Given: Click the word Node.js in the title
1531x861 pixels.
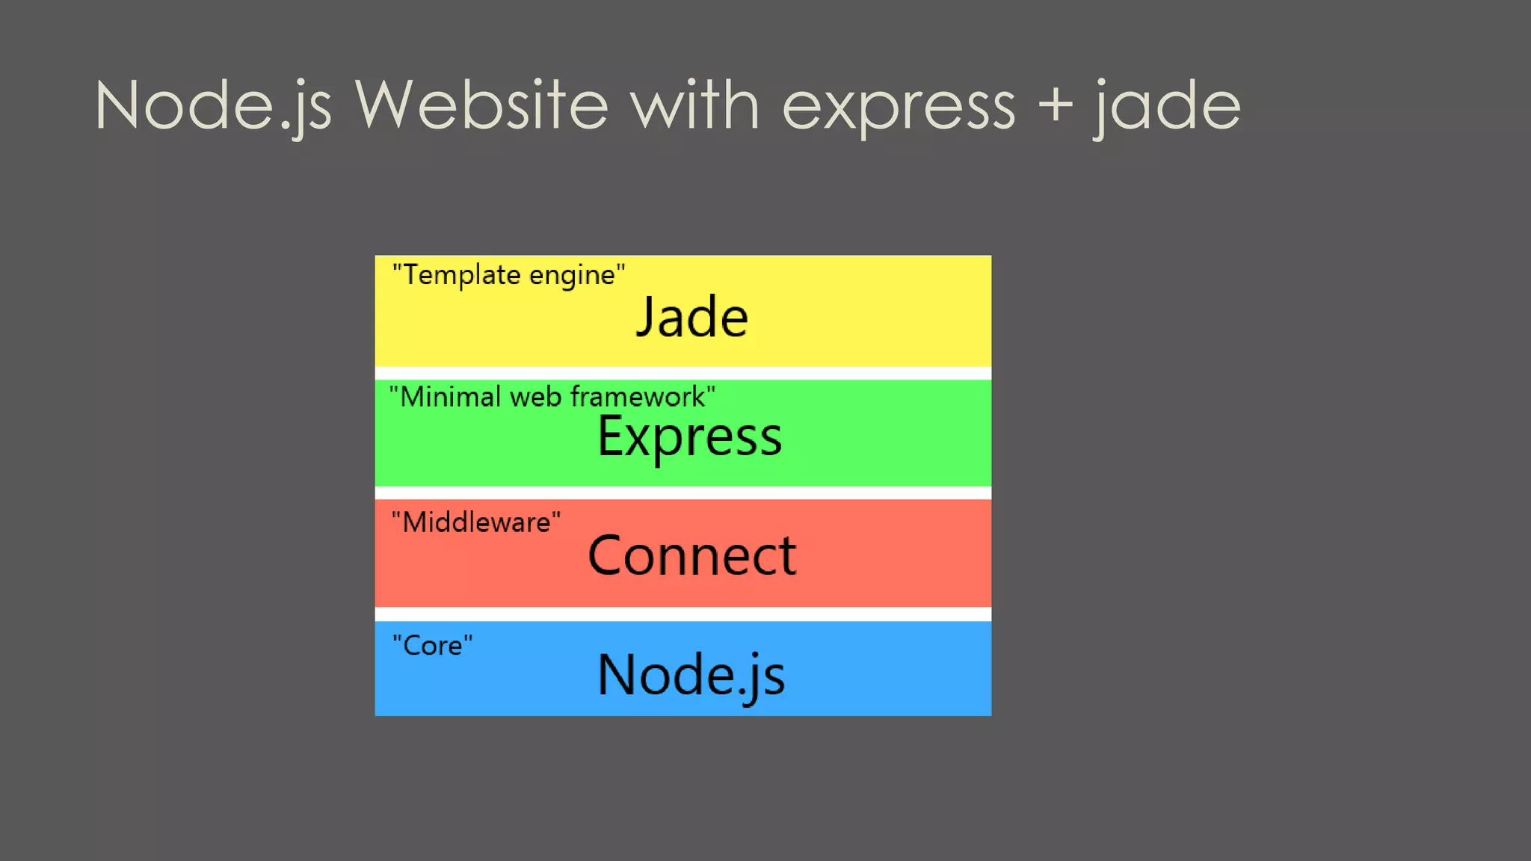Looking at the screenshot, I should [213, 106].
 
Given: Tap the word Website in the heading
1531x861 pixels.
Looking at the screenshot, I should [481, 106].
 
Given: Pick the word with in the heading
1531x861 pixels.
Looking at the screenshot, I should [695, 106].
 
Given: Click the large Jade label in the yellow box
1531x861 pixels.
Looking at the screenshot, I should [691, 318].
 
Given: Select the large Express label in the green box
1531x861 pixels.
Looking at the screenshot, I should [689, 436].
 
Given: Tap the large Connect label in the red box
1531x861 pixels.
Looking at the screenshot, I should [692, 555].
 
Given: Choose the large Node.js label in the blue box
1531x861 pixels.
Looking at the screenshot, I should [691, 675].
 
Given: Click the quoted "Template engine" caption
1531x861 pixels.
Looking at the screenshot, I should [508, 275].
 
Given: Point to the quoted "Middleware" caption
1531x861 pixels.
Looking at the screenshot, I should [475, 522].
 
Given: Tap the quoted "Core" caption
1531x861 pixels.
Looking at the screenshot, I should [432, 645].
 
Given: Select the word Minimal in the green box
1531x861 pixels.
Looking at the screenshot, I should [451, 396].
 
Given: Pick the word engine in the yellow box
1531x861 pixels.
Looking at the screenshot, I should [572, 276].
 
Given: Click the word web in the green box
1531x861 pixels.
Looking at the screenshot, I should [535, 396].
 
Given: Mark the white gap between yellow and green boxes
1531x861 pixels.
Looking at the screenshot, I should [683, 373].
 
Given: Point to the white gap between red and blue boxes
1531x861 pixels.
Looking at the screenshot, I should [683, 614].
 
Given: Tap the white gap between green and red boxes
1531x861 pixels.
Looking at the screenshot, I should [683, 493].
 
